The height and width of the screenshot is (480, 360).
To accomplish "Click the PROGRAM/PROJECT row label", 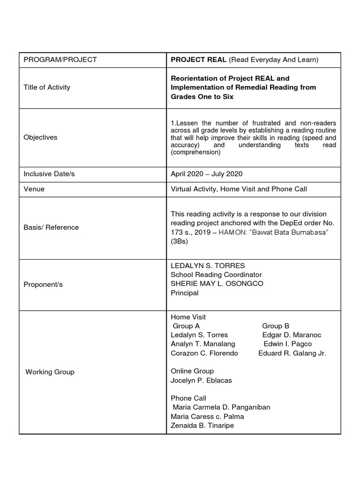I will (x=60, y=60).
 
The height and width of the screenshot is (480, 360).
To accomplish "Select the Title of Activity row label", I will (x=47, y=87).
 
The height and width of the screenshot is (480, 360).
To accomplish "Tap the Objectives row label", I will (x=40, y=137).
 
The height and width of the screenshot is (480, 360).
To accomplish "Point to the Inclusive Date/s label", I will (x=49, y=174).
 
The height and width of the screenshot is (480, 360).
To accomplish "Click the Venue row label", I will (x=34, y=189).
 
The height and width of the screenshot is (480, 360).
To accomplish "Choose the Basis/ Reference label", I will (x=51, y=227).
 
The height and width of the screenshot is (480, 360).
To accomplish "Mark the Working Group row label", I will (x=50, y=372).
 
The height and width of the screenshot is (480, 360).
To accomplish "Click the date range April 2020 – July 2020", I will (x=207, y=174).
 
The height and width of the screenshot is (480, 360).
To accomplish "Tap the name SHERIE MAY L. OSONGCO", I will (x=217, y=284).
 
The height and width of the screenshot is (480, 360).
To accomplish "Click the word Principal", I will (x=185, y=293).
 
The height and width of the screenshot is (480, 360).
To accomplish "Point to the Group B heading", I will (x=276, y=326).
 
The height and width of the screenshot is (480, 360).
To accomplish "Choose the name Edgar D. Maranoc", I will (x=292, y=335).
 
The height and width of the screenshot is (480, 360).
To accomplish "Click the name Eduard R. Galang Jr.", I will (x=292, y=353).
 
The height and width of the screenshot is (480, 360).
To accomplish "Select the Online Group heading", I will (x=192, y=371).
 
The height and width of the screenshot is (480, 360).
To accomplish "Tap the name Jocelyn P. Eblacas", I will (x=201, y=380).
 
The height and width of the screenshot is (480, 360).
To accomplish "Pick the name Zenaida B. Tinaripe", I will (x=202, y=425).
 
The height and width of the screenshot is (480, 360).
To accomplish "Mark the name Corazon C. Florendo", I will (x=204, y=353).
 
